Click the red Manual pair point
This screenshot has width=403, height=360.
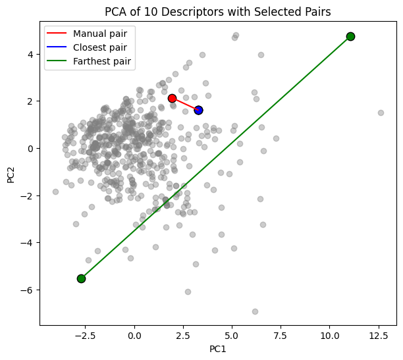click(x=172, y=98)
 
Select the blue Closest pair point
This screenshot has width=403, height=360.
click(x=198, y=110)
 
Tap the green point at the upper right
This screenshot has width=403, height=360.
click(x=350, y=36)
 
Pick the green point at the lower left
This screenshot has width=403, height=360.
click(x=81, y=278)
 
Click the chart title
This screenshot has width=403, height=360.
click(x=217, y=11)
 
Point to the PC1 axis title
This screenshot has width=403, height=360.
click(x=217, y=348)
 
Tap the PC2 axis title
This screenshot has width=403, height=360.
click(x=10, y=175)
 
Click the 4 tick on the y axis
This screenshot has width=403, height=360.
click(x=30, y=54)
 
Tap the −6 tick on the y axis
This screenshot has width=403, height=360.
click(x=28, y=290)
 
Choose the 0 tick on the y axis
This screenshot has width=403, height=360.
click(x=30, y=148)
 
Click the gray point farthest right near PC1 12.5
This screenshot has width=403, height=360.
click(x=381, y=113)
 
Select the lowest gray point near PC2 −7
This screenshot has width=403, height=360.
click(x=255, y=311)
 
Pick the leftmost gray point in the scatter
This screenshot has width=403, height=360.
click(x=55, y=192)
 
